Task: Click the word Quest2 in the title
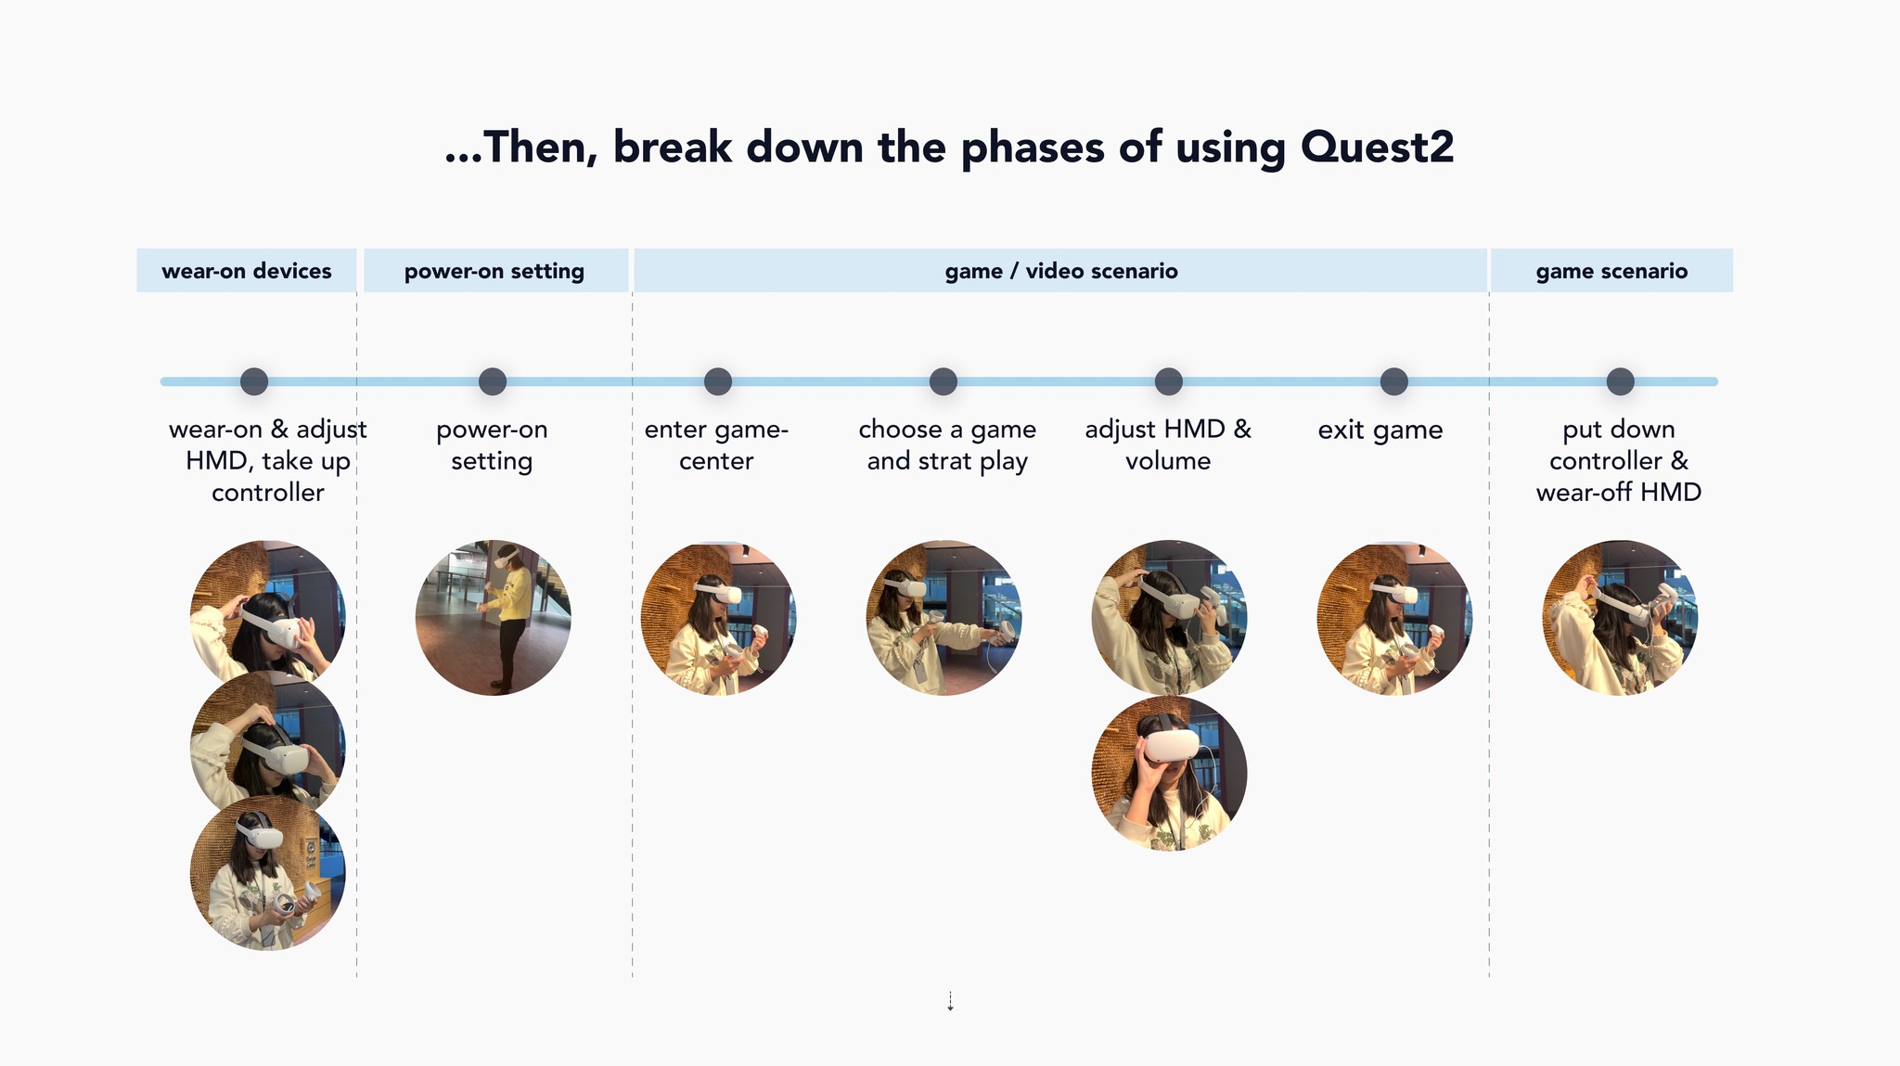1377,148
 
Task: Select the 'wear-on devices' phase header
246,271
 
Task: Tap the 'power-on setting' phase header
494,271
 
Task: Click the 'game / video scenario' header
1061,271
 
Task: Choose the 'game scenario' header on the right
1611,271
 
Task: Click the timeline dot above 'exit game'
1393,381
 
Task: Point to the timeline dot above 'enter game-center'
717,381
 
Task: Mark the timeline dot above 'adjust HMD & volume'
1168,381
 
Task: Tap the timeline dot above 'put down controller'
1620,381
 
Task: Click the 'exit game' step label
1380,430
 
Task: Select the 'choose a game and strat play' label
947,445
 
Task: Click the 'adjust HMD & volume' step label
1168,445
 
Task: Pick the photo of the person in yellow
493,618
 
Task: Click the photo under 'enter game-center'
718,618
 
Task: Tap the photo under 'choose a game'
944,618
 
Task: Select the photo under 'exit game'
1393,618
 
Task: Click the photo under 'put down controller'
1620,618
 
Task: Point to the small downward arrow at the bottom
950,1002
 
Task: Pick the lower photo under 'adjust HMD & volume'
1169,774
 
